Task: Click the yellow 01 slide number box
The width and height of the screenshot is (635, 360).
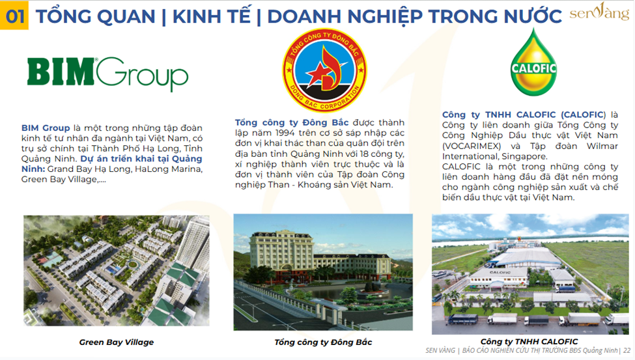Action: pyautogui.click(x=14, y=16)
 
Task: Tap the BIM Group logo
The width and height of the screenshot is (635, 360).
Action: pyautogui.click(x=107, y=74)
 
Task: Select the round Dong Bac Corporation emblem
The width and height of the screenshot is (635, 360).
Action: pyautogui.click(x=324, y=70)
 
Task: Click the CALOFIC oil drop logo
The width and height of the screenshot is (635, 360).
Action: pyautogui.click(x=533, y=62)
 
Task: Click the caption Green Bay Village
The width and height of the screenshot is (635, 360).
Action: pyautogui.click(x=116, y=342)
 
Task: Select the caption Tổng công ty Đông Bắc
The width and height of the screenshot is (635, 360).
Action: pyautogui.click(x=323, y=342)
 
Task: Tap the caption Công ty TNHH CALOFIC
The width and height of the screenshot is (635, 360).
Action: pyautogui.click(x=529, y=341)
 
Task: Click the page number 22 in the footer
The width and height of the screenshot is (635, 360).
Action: pyautogui.click(x=627, y=350)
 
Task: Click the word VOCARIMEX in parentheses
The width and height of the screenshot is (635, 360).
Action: pyautogui.click(x=472, y=146)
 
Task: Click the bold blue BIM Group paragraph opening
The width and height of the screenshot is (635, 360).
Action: pyautogui.click(x=46, y=128)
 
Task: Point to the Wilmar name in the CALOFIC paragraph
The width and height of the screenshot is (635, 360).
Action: pyautogui.click(x=602, y=146)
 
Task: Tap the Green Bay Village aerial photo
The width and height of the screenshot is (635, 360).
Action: pyautogui.click(x=117, y=271)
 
